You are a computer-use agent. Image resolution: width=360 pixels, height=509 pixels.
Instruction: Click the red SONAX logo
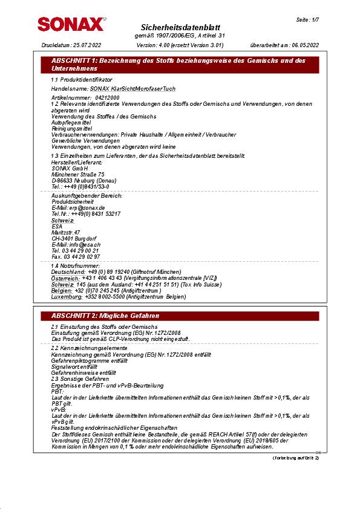pos(70,24)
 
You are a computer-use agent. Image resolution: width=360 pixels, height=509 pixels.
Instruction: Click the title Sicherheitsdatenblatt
pos(180,28)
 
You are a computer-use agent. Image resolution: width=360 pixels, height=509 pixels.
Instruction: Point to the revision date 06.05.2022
pos(305,45)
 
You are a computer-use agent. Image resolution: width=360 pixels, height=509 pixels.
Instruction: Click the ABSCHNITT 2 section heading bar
pos(180,316)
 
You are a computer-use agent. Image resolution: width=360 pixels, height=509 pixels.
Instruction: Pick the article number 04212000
pos(107,97)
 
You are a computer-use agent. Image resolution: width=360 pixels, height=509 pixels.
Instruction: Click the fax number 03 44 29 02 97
pos(84,256)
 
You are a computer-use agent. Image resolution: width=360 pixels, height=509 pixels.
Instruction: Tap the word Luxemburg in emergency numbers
pos(67,296)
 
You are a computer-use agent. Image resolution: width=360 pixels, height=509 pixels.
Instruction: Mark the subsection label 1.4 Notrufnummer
pos(76,266)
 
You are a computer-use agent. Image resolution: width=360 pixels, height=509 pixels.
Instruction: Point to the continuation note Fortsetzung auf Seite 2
pos(296,458)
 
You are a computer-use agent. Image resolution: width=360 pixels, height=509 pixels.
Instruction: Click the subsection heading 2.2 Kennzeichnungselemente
pos(89,349)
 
